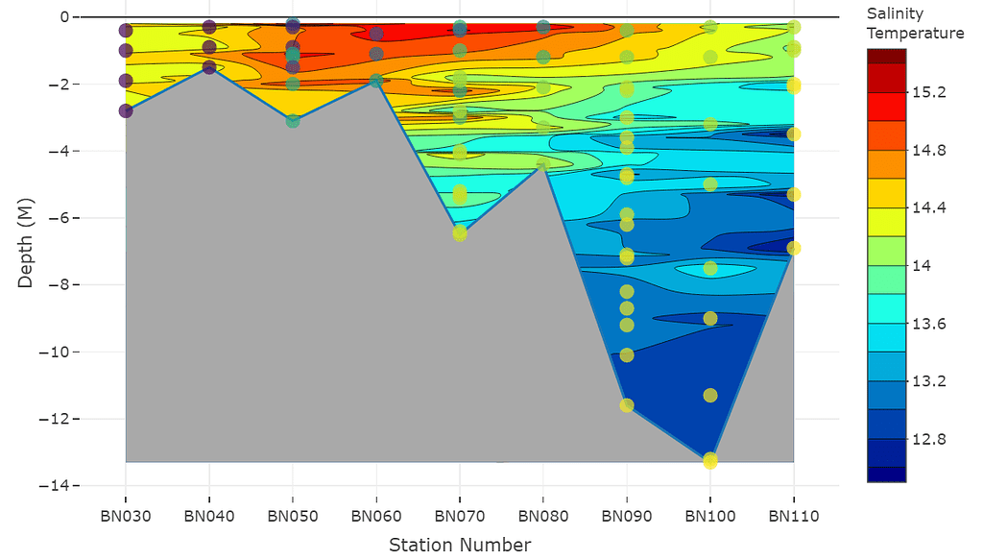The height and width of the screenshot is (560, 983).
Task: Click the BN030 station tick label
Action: pyautogui.click(x=126, y=516)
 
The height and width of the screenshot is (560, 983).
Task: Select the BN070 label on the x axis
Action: pyautogui.click(x=460, y=516)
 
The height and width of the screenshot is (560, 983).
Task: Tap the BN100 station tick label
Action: pyautogui.click(x=710, y=516)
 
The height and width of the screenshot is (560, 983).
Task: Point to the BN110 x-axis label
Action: pyautogui.click(x=794, y=516)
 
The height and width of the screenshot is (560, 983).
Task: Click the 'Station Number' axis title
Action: pyautogui.click(x=460, y=546)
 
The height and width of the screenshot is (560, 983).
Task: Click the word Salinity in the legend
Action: pyautogui.click(x=895, y=13)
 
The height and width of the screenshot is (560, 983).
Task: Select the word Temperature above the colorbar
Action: pyautogui.click(x=915, y=34)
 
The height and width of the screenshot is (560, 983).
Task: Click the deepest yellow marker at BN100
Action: pyautogui.click(x=710, y=461)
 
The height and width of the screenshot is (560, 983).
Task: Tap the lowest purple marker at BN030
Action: pyautogui.click(x=126, y=110)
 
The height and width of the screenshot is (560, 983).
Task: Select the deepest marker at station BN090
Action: pyautogui.click(x=627, y=405)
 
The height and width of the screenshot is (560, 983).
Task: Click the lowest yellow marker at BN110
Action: pyautogui.click(x=794, y=248)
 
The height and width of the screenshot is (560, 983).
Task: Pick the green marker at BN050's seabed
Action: pyautogui.click(x=293, y=121)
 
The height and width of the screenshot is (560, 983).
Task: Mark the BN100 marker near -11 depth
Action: pyautogui.click(x=710, y=395)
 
